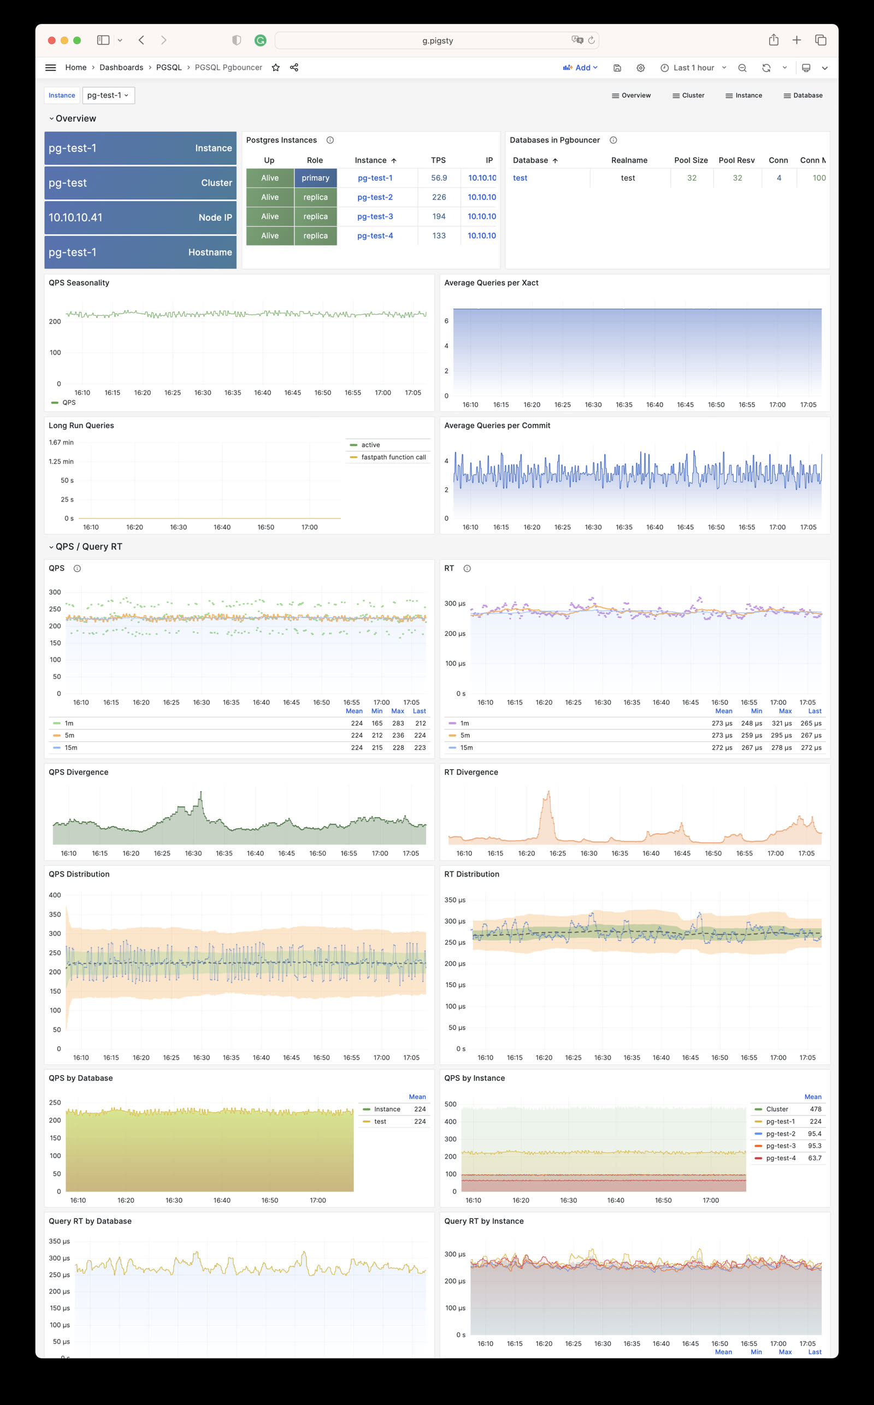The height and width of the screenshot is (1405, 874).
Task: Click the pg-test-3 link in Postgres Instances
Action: [375, 216]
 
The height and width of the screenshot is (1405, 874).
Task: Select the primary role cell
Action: [315, 178]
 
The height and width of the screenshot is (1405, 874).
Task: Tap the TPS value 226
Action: [439, 197]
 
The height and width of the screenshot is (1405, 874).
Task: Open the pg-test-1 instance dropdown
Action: [108, 96]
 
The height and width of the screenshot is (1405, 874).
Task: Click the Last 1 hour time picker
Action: [693, 68]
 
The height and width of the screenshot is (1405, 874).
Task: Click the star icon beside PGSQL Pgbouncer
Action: [276, 68]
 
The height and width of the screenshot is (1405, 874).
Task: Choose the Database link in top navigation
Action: [803, 96]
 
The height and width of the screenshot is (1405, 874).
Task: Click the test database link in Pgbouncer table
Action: [519, 178]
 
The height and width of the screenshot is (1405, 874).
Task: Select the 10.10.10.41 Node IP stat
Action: [140, 217]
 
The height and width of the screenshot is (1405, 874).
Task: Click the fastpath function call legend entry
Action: [393, 457]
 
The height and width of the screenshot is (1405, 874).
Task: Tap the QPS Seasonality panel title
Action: [79, 282]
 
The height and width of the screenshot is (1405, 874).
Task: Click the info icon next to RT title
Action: [467, 569]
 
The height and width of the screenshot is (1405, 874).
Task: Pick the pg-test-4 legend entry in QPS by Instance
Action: [781, 1158]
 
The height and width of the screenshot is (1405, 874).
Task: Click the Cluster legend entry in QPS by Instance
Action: [777, 1109]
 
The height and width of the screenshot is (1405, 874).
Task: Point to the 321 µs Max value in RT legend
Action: [781, 723]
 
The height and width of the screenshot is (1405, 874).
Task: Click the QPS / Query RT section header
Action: [88, 547]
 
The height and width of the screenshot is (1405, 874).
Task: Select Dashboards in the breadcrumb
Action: [121, 68]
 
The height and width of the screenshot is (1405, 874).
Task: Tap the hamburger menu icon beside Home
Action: [51, 68]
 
